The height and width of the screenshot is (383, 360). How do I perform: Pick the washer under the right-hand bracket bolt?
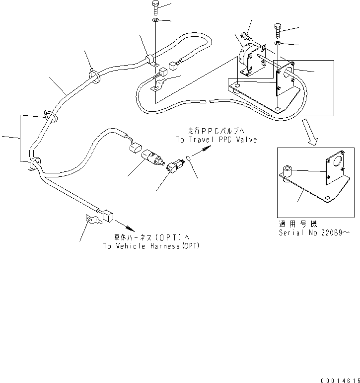click(279, 44)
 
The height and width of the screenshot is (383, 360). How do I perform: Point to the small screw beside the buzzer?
click(246, 36)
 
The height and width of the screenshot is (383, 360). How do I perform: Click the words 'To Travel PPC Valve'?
click(216, 140)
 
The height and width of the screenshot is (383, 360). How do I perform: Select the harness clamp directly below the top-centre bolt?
click(150, 61)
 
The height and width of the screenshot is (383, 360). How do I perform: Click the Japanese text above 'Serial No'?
click(297, 225)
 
